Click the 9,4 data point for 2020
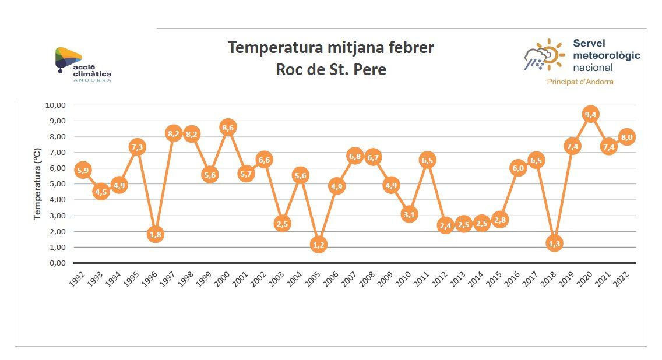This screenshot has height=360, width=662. point(590,114)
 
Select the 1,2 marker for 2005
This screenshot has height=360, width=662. point(318,245)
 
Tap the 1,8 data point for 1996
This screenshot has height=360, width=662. point(155,235)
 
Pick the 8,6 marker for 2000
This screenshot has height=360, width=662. point(228,128)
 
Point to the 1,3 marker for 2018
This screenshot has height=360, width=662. point(554,243)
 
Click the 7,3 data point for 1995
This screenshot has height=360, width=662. point(137,147)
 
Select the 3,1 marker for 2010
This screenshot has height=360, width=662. point(409,214)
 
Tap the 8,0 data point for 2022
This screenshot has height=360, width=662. point(626,137)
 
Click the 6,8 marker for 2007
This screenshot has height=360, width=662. point(354,156)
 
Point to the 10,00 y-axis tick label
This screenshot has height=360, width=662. point(55,105)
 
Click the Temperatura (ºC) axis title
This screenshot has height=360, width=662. point(38,184)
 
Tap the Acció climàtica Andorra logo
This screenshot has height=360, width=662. point(82,64)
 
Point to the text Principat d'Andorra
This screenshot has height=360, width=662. point(580,82)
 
